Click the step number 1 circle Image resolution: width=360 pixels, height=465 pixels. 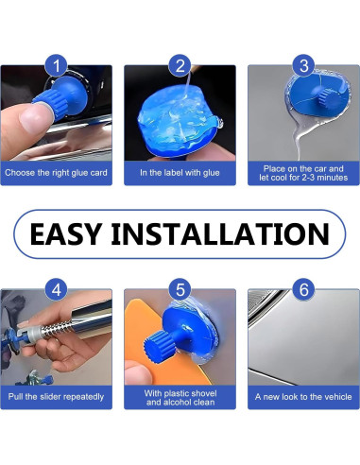click(57, 65)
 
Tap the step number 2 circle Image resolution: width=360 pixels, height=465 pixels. click(180, 65)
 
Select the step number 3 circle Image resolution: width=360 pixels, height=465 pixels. click(303, 65)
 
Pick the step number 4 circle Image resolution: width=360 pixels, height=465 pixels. click(57, 289)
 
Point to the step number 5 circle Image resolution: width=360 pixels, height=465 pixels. click(180, 289)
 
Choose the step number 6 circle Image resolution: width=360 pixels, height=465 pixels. click(303, 289)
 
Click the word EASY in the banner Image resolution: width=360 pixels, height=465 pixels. click(66, 234)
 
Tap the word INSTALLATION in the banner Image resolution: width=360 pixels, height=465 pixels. click(220, 234)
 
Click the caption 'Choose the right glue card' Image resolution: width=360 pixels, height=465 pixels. click(56, 173)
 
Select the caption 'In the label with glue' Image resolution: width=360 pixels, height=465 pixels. click(180, 173)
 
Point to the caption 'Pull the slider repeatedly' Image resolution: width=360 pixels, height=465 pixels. click(56, 396)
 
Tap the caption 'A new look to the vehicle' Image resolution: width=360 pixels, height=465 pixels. click(303, 396)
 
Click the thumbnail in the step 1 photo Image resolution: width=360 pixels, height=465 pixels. click(34, 117)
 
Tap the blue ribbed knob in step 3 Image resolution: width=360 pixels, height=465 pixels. click(329, 97)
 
